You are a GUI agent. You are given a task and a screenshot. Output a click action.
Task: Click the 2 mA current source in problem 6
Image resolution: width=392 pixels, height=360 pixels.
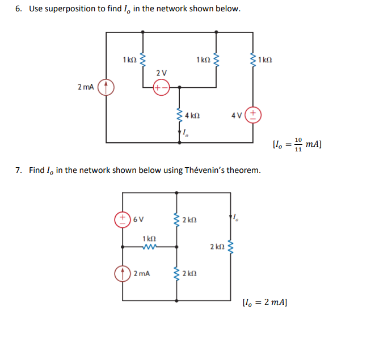[x=106, y=87]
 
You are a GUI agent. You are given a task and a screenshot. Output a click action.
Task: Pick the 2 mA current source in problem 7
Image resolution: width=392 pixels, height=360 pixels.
[x=123, y=274]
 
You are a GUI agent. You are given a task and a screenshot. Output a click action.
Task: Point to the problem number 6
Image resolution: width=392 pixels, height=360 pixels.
[x=18, y=10]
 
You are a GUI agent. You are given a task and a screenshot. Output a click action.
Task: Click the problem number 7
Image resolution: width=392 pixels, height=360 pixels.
[x=18, y=170]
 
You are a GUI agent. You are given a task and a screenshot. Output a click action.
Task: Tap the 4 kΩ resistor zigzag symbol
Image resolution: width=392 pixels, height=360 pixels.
[x=180, y=115]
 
